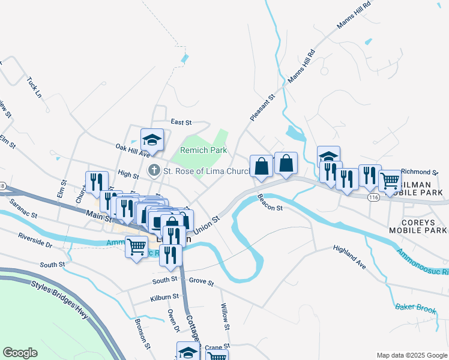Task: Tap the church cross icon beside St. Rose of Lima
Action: click(x=154, y=172)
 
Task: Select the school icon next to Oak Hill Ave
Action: click(x=152, y=140)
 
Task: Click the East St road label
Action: click(x=181, y=122)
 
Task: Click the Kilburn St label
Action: click(x=165, y=297)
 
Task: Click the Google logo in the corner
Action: click(x=20, y=353)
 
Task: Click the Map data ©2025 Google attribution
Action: click(x=411, y=355)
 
